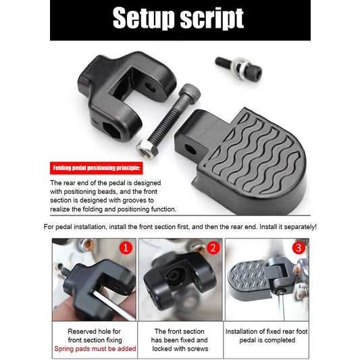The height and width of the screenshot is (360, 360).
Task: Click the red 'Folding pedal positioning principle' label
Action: click(x=97, y=167)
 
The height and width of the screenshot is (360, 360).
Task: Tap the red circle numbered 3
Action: click(x=299, y=248)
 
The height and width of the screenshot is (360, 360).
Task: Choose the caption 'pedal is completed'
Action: click(x=267, y=340)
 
